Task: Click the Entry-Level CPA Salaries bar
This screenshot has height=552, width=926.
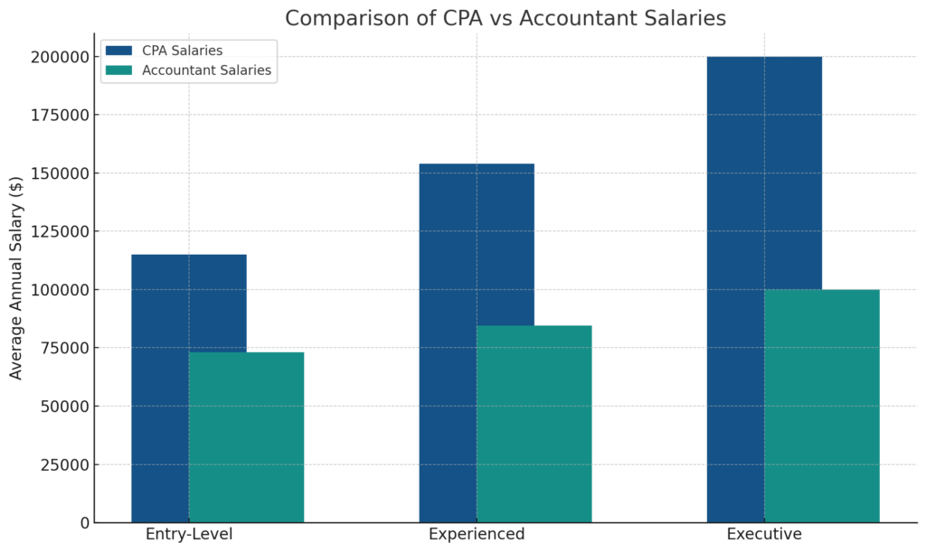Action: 160,388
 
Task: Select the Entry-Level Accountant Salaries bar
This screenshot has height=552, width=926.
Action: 246,437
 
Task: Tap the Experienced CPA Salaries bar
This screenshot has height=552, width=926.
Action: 448,343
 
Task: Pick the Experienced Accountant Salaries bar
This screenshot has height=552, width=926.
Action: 534,424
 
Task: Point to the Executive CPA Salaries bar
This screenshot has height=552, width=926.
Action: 735,289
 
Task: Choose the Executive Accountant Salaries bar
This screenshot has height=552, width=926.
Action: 821,406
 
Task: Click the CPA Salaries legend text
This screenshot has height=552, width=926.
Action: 183,51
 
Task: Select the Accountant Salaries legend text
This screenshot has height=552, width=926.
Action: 207,70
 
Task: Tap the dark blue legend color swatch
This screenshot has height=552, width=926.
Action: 118,51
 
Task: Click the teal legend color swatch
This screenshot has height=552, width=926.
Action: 118,70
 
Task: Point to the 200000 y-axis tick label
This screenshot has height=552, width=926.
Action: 60,57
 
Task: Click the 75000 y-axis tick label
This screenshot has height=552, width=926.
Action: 64,348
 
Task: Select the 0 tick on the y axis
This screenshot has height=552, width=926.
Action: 84,522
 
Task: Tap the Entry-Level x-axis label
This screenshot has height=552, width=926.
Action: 189,534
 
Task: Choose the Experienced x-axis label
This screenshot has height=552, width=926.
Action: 477,534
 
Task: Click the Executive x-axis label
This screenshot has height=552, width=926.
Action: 764,534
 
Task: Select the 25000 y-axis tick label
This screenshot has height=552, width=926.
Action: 64,464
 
